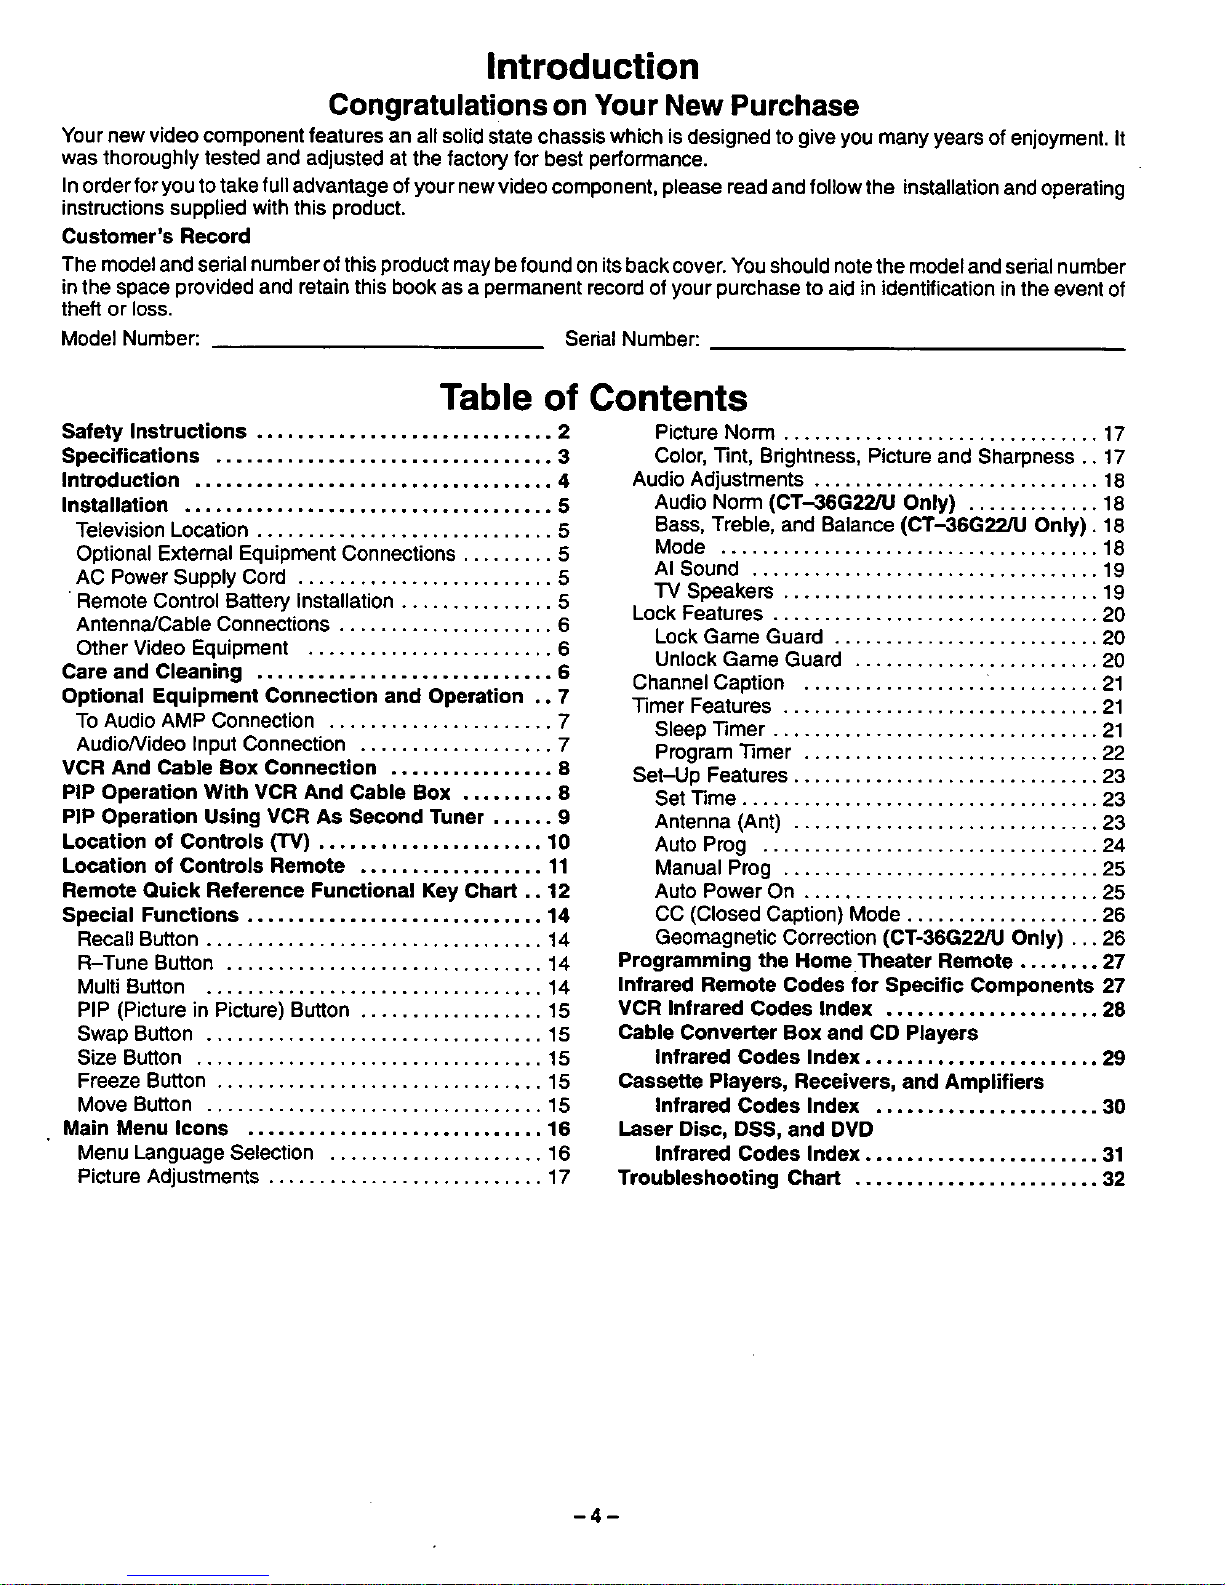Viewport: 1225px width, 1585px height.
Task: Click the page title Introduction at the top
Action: (593, 67)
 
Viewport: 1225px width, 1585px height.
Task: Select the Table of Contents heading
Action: (593, 397)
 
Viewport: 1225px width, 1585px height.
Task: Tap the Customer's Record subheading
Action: (156, 236)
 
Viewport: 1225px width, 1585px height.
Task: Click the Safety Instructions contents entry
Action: (154, 431)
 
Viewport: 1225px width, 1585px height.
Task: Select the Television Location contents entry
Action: (162, 529)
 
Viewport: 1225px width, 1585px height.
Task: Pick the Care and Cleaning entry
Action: (152, 671)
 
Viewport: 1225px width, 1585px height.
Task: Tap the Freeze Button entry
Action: (141, 1080)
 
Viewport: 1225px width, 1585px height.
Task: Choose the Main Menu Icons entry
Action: (146, 1128)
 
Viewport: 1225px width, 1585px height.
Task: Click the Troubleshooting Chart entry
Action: (729, 1177)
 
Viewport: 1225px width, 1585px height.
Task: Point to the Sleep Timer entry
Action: (709, 729)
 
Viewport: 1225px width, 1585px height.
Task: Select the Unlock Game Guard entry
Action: (748, 659)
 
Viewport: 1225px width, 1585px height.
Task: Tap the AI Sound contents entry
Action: (696, 568)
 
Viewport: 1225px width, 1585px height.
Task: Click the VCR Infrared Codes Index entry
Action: (745, 1008)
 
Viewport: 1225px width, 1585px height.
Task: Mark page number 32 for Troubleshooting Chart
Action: (1113, 1178)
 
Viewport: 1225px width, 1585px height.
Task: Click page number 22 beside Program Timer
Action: (1113, 753)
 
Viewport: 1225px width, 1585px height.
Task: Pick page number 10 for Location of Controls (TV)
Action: (558, 841)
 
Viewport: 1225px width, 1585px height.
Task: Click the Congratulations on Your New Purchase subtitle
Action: (593, 105)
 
